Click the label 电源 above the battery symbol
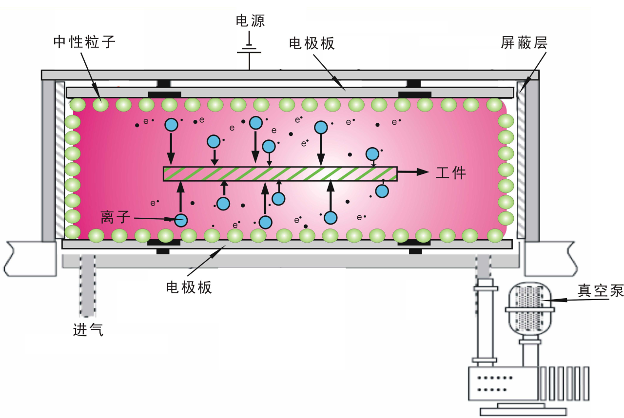[250, 20]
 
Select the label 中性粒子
[84, 42]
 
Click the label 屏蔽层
[524, 43]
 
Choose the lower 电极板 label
[189, 287]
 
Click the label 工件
[450, 173]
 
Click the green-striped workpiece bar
[280, 174]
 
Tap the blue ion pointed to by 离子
[181, 221]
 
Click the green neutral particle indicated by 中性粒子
[100, 104]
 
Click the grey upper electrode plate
[290, 93]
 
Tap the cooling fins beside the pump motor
[565, 383]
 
